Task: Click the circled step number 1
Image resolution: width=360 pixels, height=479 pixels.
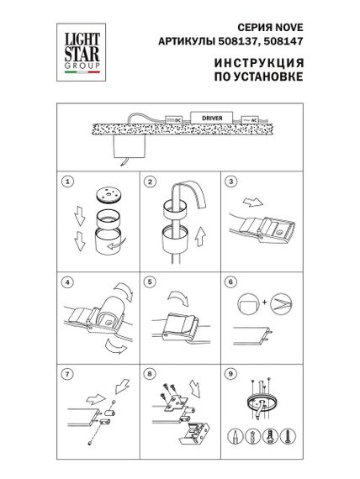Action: click(66, 182)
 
